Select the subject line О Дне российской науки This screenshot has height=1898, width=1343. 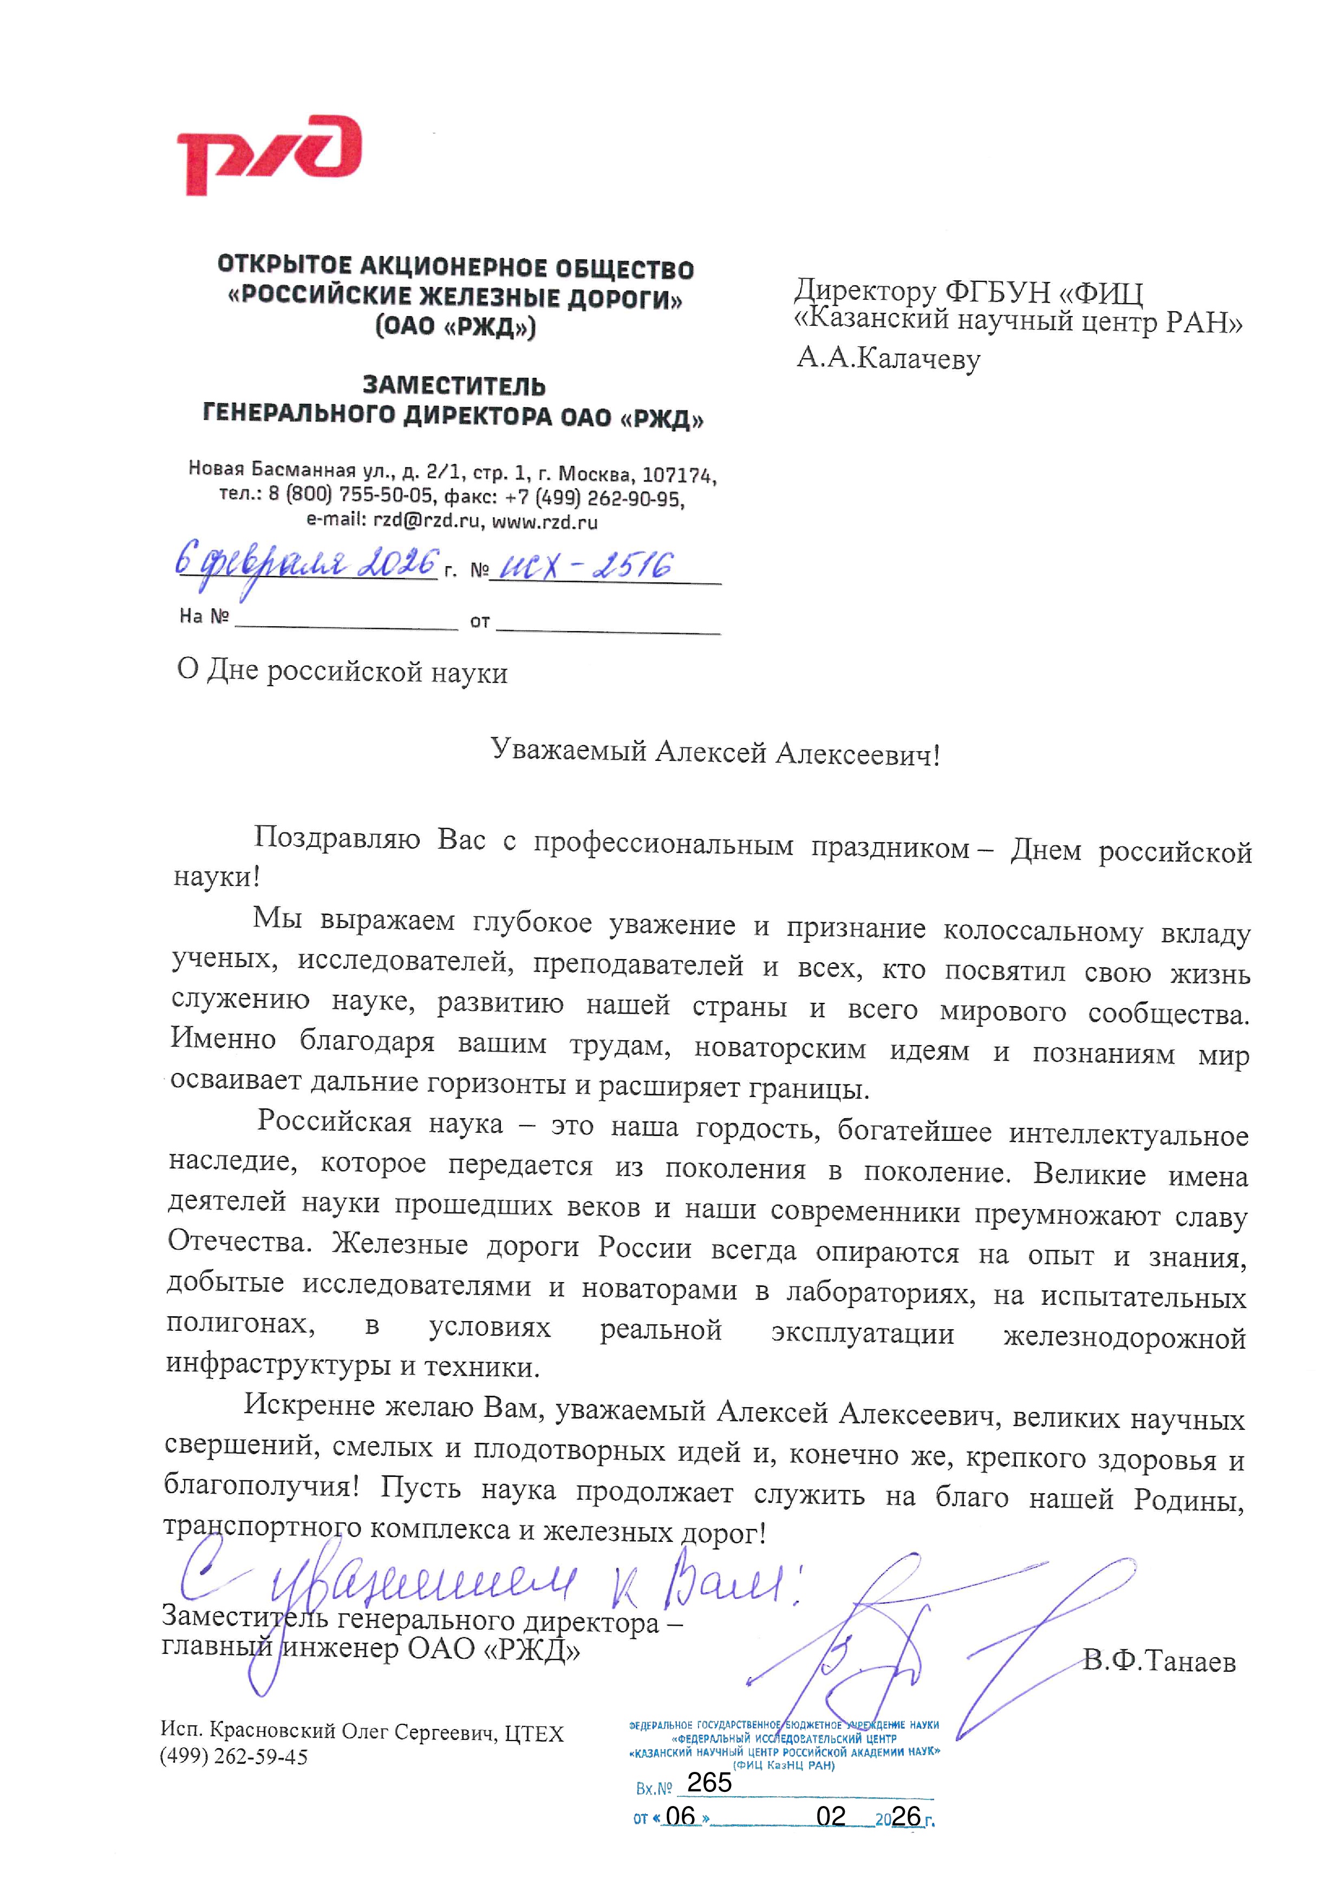pos(342,671)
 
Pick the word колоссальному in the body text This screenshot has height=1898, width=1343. pos(1043,931)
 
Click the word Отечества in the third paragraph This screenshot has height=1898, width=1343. pos(238,1241)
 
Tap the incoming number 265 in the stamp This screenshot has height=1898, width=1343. pos(709,1782)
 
